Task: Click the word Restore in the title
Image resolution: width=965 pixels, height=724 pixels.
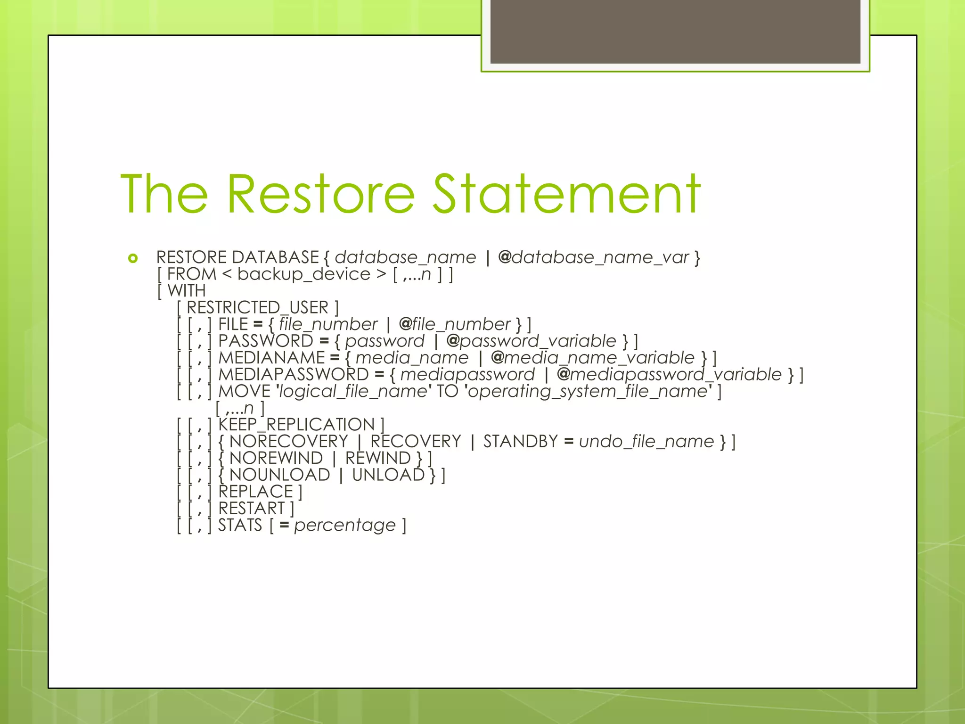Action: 320,194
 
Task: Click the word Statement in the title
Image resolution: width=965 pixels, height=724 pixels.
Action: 566,194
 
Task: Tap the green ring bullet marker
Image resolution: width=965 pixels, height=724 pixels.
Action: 133,258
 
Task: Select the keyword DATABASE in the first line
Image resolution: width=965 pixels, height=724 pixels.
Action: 276,257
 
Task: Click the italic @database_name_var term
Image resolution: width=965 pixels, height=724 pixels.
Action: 593,257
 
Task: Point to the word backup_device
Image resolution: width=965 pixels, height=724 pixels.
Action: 304,274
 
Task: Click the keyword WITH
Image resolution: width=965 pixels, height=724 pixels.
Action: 187,291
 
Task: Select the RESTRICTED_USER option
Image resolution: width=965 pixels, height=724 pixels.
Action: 257,308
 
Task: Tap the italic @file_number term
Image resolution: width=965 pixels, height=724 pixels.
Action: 455,324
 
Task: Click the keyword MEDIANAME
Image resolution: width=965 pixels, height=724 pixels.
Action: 272,358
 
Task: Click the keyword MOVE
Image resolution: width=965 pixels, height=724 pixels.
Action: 244,391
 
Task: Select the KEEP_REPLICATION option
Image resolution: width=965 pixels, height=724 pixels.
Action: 296,425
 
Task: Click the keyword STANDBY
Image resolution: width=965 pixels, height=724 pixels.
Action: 520,442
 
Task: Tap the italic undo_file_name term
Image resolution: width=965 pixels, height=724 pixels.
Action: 646,442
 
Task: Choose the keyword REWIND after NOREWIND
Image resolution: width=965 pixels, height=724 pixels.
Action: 378,458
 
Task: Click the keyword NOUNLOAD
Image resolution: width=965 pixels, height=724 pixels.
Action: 279,475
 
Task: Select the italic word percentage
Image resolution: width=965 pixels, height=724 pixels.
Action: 345,525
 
